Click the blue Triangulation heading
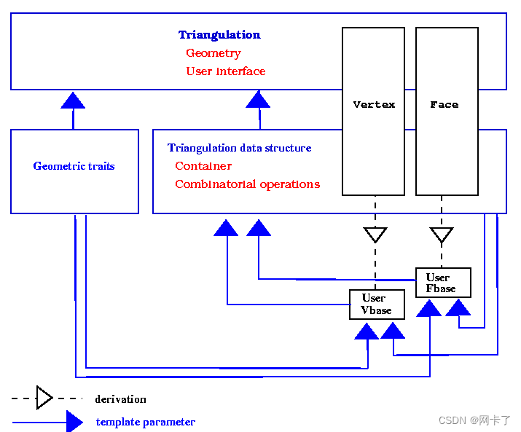(x=219, y=35)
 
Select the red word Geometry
(x=214, y=53)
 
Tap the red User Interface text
(x=226, y=71)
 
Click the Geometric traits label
(x=74, y=166)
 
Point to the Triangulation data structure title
(x=239, y=148)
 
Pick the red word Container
(x=203, y=166)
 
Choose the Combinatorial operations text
(x=248, y=184)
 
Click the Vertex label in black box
(x=374, y=105)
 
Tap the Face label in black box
(x=444, y=105)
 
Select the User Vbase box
(x=377, y=305)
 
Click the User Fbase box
(x=443, y=283)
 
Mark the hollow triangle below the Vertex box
(x=375, y=235)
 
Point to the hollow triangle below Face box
(x=442, y=235)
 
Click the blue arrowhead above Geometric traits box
(x=73, y=100)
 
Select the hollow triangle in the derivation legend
(x=44, y=398)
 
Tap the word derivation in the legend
(x=121, y=399)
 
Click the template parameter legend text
(x=146, y=422)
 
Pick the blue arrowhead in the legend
(x=74, y=422)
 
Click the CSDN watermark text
(x=474, y=420)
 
